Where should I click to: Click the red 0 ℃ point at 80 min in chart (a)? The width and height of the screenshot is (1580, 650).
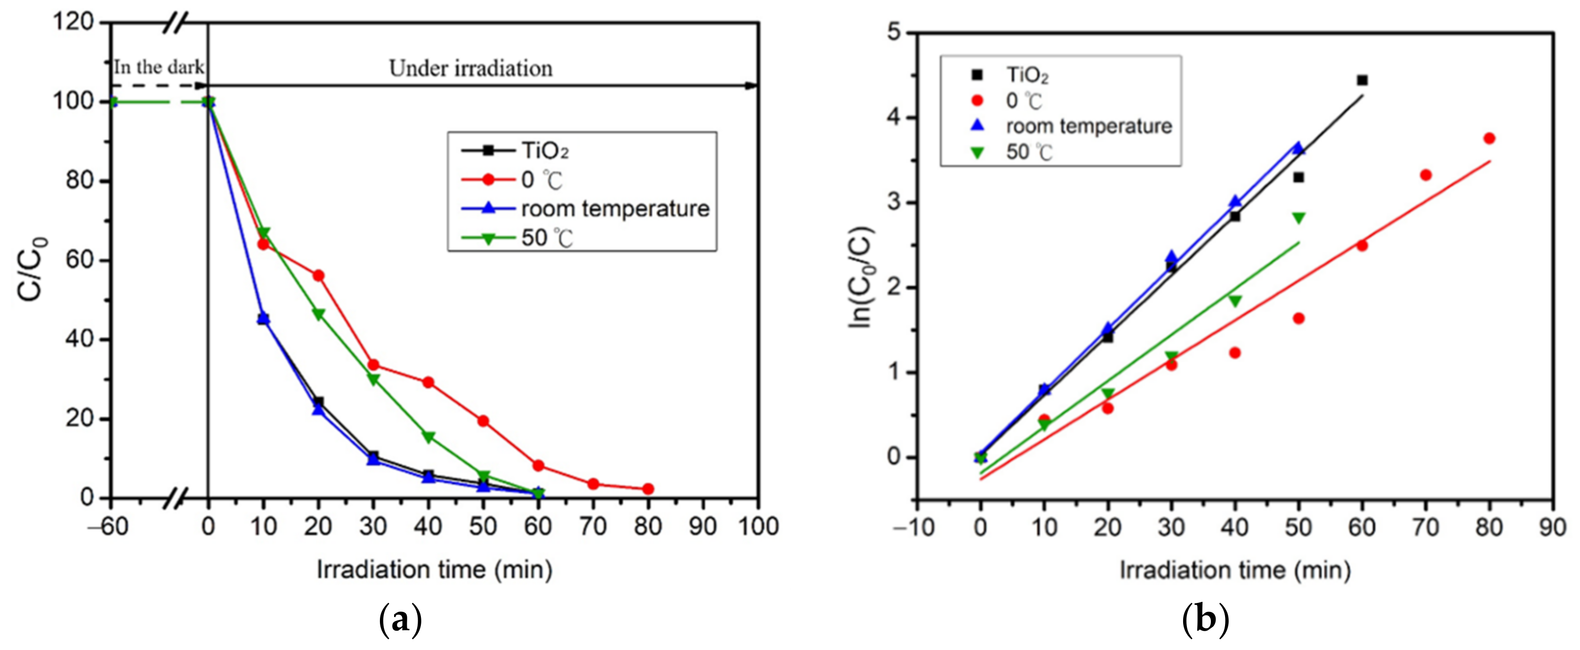click(x=648, y=488)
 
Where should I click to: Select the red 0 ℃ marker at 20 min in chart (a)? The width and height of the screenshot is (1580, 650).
click(x=318, y=276)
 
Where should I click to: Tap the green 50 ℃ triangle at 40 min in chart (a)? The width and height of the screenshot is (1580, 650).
click(x=428, y=437)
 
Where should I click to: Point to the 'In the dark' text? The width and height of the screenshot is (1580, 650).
click(x=158, y=67)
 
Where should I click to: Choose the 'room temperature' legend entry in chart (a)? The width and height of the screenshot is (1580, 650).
click(x=614, y=209)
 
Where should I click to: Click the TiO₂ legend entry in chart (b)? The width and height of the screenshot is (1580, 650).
click(x=1027, y=75)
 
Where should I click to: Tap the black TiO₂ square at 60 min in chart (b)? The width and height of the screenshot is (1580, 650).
click(x=1362, y=81)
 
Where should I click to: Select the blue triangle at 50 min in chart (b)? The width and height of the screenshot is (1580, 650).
click(x=1298, y=148)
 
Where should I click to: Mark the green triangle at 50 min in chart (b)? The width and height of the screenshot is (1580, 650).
click(x=1298, y=218)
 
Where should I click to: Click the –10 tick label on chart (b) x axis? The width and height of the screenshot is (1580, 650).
click(x=914, y=527)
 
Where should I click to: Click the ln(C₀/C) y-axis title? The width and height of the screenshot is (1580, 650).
click(x=862, y=276)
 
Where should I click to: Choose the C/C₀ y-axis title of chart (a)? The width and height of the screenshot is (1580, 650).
click(x=31, y=268)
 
